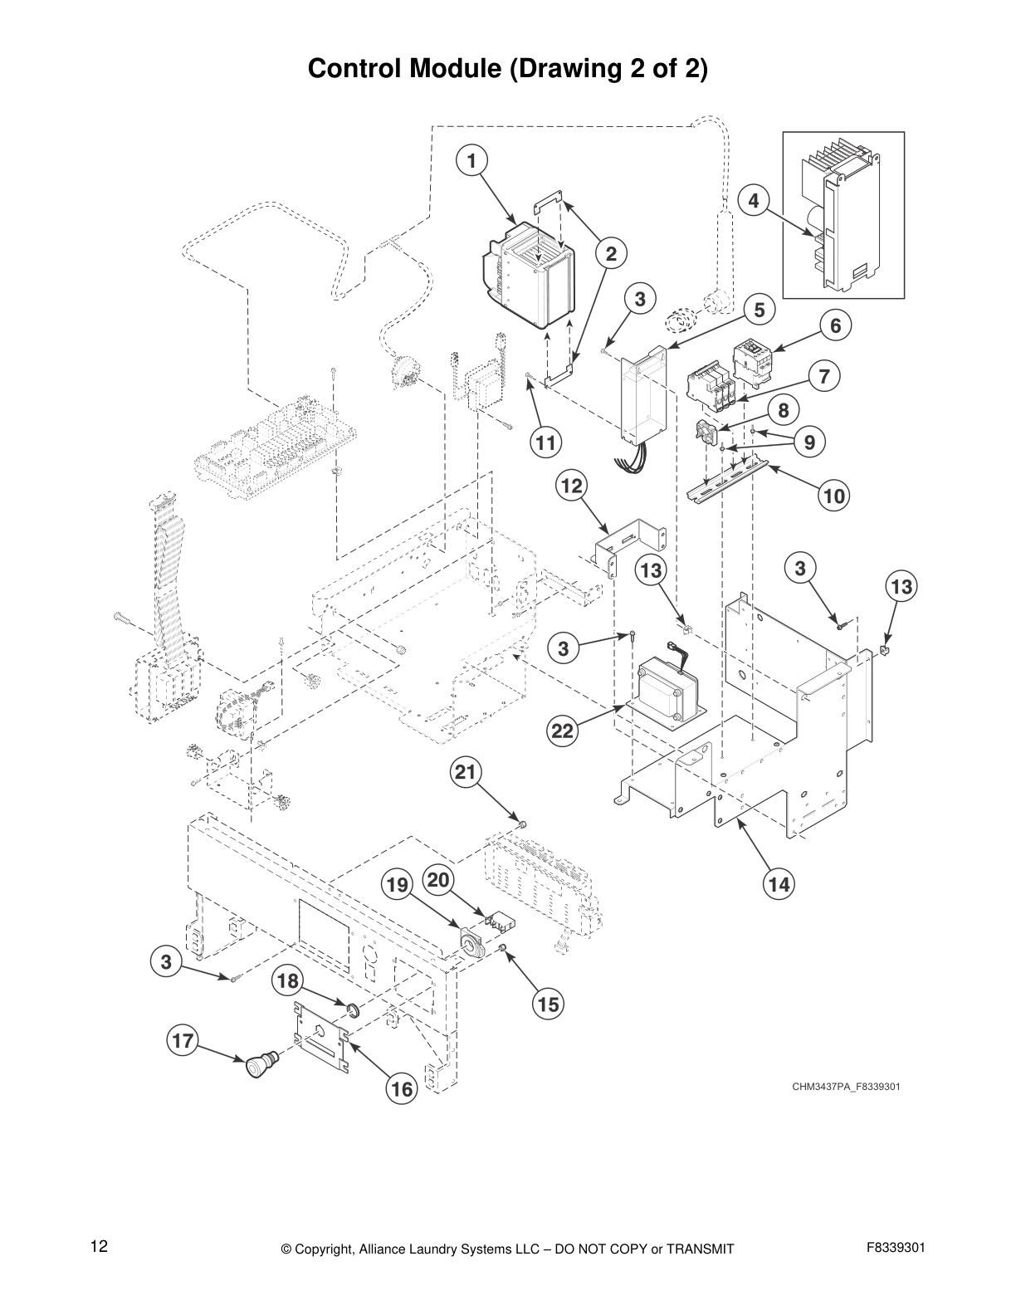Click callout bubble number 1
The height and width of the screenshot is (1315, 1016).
tap(471, 160)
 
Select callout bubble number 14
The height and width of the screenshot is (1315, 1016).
tap(779, 884)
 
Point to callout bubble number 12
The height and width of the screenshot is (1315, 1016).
tap(571, 486)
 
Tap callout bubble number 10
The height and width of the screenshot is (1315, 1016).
tap(834, 496)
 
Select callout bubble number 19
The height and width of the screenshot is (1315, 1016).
tap(398, 885)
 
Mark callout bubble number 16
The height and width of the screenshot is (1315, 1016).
tap(402, 1089)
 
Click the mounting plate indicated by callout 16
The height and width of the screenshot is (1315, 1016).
tap(320, 1037)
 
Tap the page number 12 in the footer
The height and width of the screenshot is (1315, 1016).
tap(99, 1246)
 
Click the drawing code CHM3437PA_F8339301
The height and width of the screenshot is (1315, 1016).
tap(846, 1086)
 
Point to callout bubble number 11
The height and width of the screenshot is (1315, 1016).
tap(545, 442)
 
